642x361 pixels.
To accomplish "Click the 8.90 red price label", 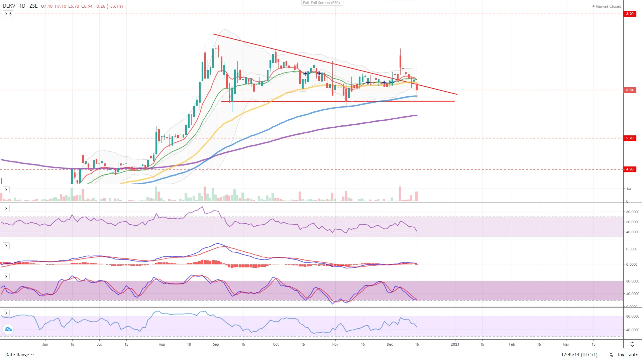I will click(x=630, y=14).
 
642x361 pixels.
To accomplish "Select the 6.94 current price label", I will click(x=630, y=90).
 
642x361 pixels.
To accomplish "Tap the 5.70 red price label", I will click(x=630, y=138).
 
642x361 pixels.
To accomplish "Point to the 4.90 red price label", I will click(x=630, y=169).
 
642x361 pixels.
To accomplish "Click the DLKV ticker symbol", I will click(x=9, y=6).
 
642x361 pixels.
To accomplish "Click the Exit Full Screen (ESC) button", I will click(x=321, y=3).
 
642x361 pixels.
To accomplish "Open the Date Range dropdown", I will click(x=19, y=355).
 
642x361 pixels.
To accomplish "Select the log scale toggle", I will click(x=621, y=355).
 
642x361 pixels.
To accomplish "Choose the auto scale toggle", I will click(x=633, y=355).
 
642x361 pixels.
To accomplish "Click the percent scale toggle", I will click(x=611, y=355).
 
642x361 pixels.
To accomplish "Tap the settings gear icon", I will click(x=632, y=344).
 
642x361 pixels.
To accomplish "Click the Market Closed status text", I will click(x=608, y=6).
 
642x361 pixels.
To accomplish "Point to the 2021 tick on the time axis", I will click(x=455, y=344).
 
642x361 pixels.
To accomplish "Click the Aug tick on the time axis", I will click(x=162, y=344).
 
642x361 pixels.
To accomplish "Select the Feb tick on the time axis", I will click(x=512, y=344).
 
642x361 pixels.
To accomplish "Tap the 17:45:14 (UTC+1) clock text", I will click(x=579, y=355).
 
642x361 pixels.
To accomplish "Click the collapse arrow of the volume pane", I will click(x=6, y=190).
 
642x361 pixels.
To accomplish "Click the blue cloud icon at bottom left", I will click(x=8, y=330).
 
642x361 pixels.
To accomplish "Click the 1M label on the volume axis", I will click(x=629, y=189).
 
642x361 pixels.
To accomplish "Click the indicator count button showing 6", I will click(x=8, y=14).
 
